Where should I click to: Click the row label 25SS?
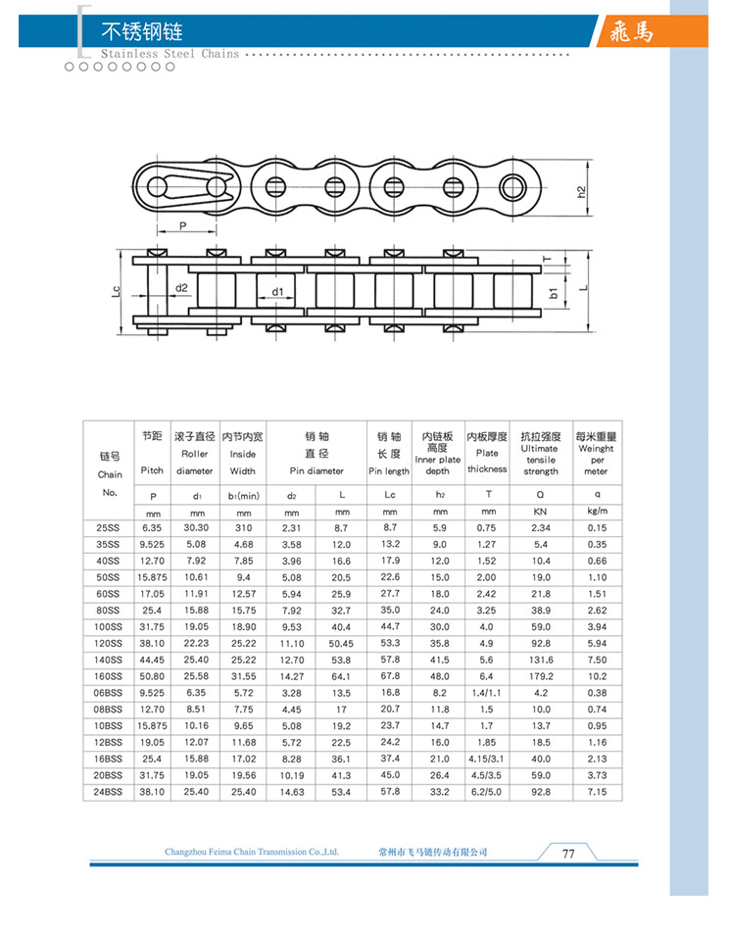click(109, 527)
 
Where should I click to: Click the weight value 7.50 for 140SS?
click(597, 660)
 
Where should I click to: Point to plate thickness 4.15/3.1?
click(487, 758)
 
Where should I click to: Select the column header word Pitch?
click(152, 470)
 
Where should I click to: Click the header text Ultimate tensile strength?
click(540, 460)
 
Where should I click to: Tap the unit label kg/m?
click(597, 512)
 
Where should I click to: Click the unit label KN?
click(540, 512)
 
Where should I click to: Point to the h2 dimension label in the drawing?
click(581, 191)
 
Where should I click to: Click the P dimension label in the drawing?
click(182, 225)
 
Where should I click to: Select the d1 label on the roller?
click(277, 291)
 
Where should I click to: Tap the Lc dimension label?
click(117, 291)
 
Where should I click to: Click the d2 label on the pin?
click(181, 288)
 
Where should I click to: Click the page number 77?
click(567, 853)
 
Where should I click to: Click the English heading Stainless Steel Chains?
click(170, 55)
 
